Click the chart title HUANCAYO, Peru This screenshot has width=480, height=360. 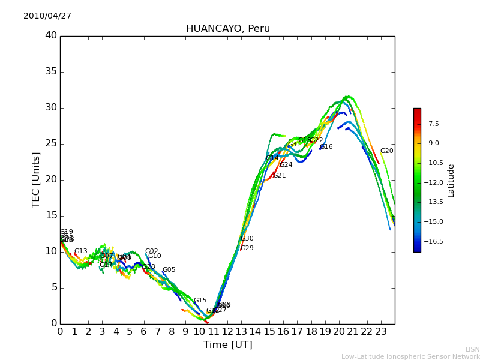(227, 29)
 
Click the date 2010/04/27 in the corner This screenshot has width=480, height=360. (47, 16)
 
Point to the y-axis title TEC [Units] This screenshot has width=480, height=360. (37, 179)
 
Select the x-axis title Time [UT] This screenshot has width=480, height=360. (227, 345)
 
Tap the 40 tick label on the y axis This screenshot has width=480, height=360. (51, 35)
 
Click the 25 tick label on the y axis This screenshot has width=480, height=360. (51, 143)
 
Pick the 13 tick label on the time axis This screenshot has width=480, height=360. (241, 331)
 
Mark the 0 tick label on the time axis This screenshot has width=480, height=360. (60, 331)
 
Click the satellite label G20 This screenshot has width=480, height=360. (386, 151)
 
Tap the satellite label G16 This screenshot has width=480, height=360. (326, 147)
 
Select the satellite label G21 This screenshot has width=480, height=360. (279, 176)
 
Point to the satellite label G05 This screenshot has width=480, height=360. (169, 270)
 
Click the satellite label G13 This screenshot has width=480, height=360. (80, 251)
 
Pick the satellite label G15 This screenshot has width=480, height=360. (200, 301)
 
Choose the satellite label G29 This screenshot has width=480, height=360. (247, 248)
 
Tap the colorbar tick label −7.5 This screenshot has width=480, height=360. (431, 124)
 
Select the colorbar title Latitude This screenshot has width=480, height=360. (451, 180)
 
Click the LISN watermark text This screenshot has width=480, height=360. (472, 349)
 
